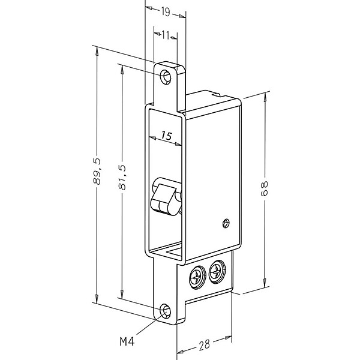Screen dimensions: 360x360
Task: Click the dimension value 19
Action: pyautogui.click(x=166, y=12)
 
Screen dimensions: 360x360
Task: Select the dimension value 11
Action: pyautogui.click(x=166, y=35)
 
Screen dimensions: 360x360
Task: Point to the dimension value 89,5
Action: pyautogui.click(x=97, y=171)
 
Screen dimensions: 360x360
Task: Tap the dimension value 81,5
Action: pyautogui.click(x=122, y=177)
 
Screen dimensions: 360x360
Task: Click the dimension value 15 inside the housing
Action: pyautogui.click(x=166, y=136)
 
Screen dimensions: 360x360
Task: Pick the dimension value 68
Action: pyautogui.click(x=265, y=188)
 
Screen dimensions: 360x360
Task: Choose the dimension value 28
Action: pyautogui.click(x=204, y=345)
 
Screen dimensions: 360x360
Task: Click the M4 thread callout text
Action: pyautogui.click(x=127, y=341)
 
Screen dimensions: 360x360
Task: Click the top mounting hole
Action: pyautogui.click(x=166, y=77)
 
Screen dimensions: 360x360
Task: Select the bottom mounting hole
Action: pyautogui.click(x=165, y=311)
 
